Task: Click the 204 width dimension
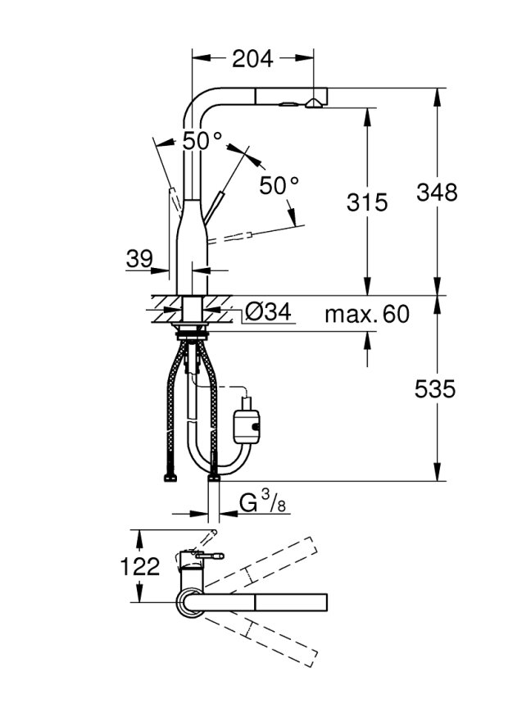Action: coord(252,59)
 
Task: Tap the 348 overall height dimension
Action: coord(437,192)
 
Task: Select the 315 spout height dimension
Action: coord(367,202)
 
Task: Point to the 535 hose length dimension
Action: coord(436,388)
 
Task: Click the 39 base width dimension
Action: coord(139,259)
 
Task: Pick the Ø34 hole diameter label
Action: coord(269,311)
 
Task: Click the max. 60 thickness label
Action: coord(367,315)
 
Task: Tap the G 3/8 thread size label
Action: coord(263,502)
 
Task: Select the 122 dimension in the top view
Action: coord(140,566)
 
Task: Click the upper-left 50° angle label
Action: coord(202,141)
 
